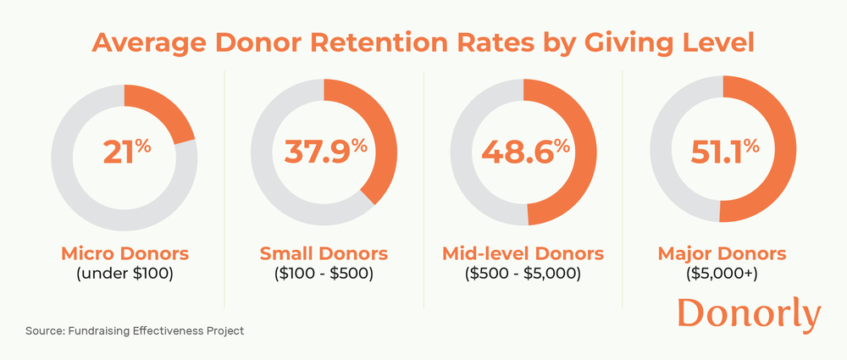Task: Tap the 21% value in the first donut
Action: pyautogui.click(x=125, y=152)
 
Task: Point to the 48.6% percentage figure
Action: pyautogui.click(x=524, y=152)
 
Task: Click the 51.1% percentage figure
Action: pyautogui.click(x=722, y=152)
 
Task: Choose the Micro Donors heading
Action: pyautogui.click(x=125, y=253)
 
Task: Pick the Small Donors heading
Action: pyautogui.click(x=324, y=253)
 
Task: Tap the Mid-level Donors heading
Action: pyautogui.click(x=523, y=253)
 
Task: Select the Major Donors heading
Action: pyautogui.click(x=722, y=253)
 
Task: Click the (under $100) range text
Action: pyautogui.click(x=125, y=274)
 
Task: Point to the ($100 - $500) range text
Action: pyautogui.click(x=324, y=274)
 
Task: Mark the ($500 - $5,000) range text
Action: pyautogui.click(x=523, y=274)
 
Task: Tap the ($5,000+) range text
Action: pyautogui.click(x=722, y=274)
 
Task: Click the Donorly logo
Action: pyautogui.click(x=749, y=315)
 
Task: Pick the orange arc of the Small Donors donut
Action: pyautogui.click(x=385, y=140)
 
